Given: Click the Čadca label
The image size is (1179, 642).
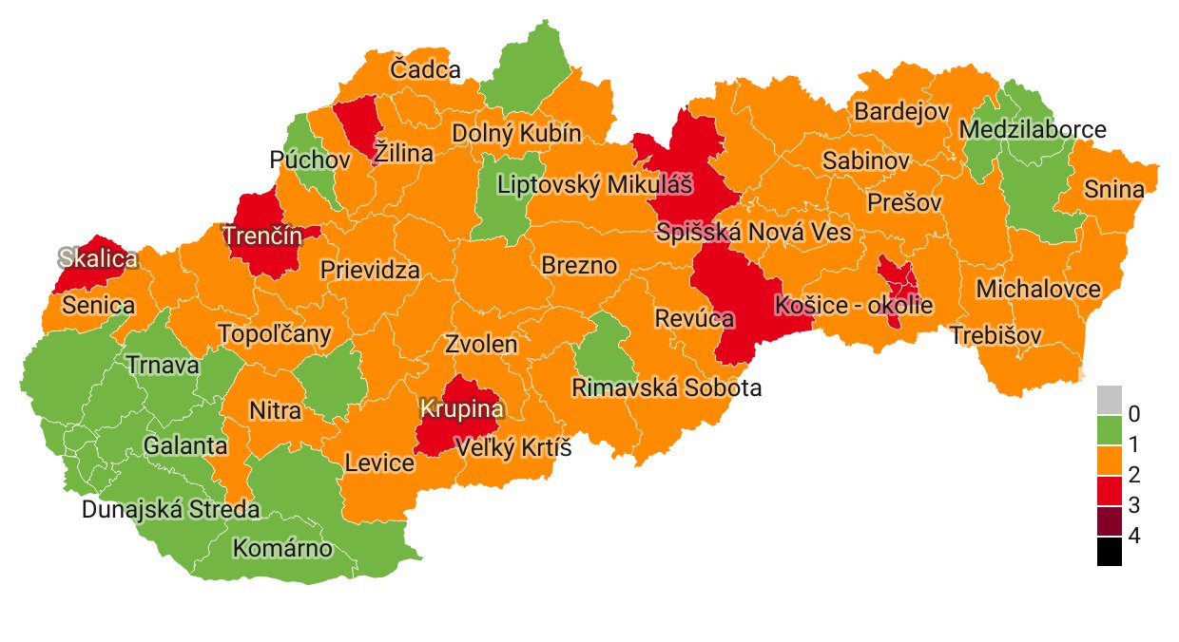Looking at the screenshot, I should click(x=425, y=69).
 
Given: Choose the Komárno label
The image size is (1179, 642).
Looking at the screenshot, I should click(x=282, y=549).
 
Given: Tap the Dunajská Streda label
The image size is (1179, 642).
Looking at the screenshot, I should click(x=170, y=509).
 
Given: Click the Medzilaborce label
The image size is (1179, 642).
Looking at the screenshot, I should click(x=1033, y=129).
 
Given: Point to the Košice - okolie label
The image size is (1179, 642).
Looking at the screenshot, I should click(x=854, y=306).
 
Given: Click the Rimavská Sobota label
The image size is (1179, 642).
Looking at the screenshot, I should click(x=666, y=387).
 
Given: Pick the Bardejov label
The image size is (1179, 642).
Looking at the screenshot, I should click(x=901, y=111).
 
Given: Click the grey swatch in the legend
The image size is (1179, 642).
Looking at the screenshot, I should click(x=1110, y=399).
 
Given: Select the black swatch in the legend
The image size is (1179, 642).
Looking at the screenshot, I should click(x=1110, y=552).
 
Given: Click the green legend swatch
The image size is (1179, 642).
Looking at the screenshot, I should click(x=1110, y=429).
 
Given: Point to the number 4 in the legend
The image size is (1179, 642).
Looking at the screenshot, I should click(x=1132, y=536).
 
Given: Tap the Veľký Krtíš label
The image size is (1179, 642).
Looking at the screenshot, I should click(x=512, y=447).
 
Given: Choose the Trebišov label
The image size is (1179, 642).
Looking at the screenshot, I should click(x=995, y=335).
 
